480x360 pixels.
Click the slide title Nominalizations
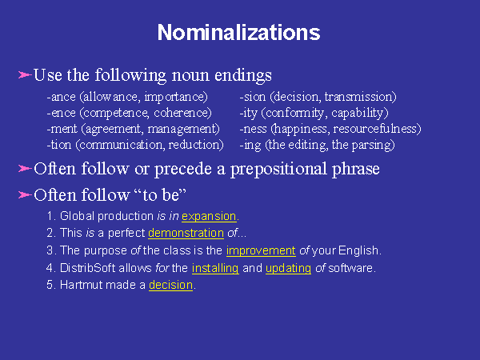(x=238, y=33)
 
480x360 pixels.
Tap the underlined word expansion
(x=209, y=217)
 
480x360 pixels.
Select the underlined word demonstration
(x=186, y=233)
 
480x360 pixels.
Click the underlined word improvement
(x=261, y=250)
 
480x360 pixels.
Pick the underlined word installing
(x=215, y=268)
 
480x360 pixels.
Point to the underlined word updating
(x=288, y=269)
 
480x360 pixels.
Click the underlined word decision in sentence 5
(x=171, y=285)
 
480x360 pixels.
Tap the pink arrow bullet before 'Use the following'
(x=25, y=74)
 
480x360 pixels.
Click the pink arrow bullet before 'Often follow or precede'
(x=25, y=168)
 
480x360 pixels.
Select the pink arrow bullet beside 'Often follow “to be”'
(x=25, y=194)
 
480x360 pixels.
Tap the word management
(x=182, y=129)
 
